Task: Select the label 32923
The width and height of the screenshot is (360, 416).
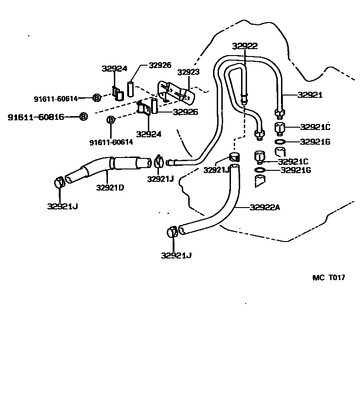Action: pyautogui.click(x=188, y=72)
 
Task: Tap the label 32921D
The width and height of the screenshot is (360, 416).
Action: pyautogui.click(x=110, y=187)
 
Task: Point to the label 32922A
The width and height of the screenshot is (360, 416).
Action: pyautogui.click(x=265, y=207)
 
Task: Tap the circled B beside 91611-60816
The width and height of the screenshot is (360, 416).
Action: pyautogui.click(x=83, y=117)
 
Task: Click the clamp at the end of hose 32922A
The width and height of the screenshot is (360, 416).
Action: pyautogui.click(x=173, y=231)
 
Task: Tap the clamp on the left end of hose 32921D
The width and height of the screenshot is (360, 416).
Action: pyautogui.click(x=60, y=182)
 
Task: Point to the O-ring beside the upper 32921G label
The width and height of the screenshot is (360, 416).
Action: pyautogui.click(x=280, y=142)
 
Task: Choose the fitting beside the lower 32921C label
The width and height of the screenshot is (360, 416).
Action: pyautogui.click(x=260, y=157)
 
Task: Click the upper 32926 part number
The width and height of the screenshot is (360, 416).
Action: pyautogui.click(x=160, y=66)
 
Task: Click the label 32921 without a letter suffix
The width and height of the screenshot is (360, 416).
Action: pyautogui.click(x=310, y=95)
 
